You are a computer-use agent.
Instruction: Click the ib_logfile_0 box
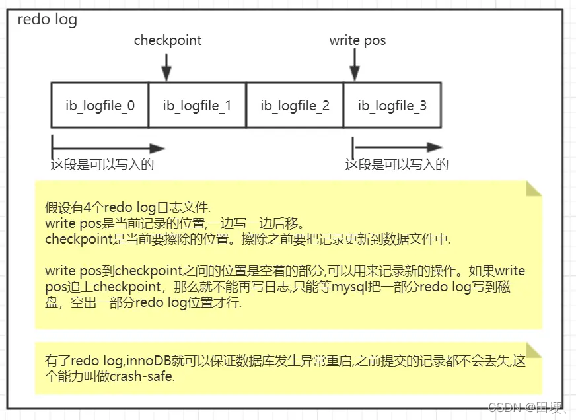pyautogui.click(x=100, y=105)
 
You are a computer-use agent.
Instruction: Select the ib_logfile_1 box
pyautogui.click(x=197, y=105)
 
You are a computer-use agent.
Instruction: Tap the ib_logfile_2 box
pyautogui.click(x=295, y=105)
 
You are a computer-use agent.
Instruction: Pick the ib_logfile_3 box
pyautogui.click(x=392, y=105)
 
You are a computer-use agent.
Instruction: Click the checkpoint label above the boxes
pyautogui.click(x=168, y=40)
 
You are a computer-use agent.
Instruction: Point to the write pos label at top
pyautogui.click(x=357, y=40)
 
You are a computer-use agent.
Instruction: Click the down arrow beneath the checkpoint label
pyautogui.click(x=166, y=66)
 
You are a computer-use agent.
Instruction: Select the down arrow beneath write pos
pyautogui.click(x=355, y=66)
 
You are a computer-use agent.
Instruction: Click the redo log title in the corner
pyautogui.click(x=47, y=19)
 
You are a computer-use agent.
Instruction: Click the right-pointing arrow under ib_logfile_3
pyautogui.click(x=397, y=147)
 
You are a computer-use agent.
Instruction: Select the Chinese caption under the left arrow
pyautogui.click(x=102, y=164)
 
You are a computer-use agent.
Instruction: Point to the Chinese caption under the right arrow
pyautogui.click(x=397, y=164)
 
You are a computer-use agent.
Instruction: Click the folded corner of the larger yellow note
pyautogui.click(x=533, y=188)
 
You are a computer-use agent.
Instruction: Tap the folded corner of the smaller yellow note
pyautogui.click(x=533, y=351)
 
